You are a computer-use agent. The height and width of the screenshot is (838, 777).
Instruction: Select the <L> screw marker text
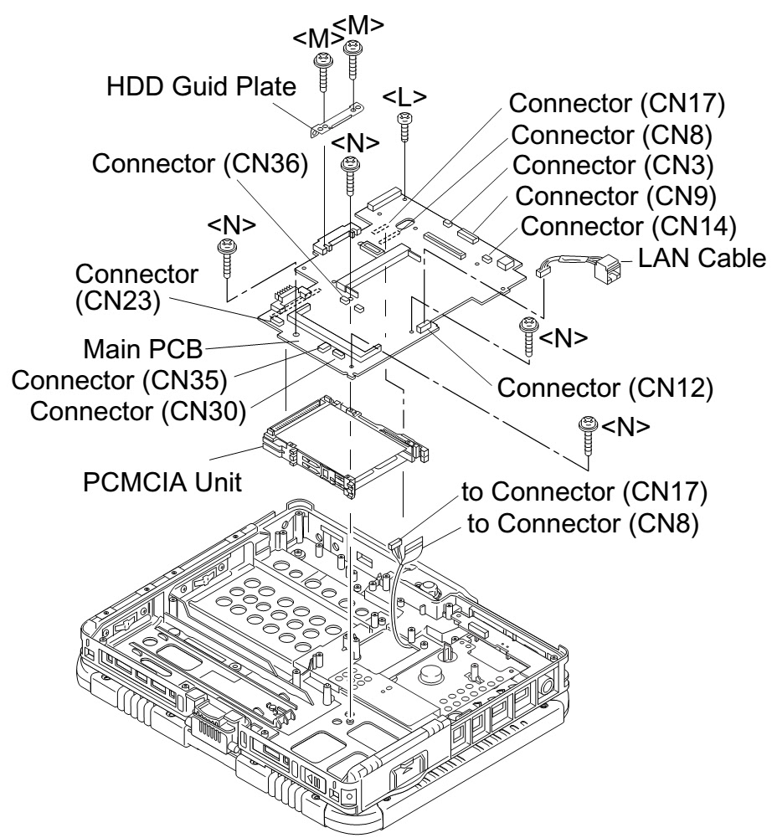point(405,96)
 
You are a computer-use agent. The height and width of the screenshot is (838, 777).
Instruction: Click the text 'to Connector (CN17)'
point(584,494)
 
